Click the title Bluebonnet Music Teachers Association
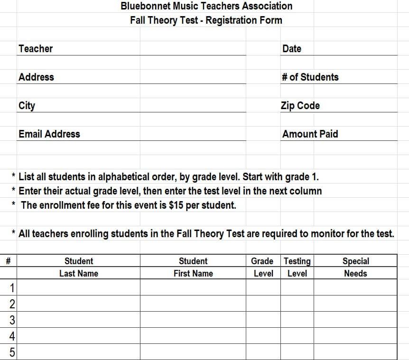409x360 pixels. coord(206,6)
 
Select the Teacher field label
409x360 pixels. coord(36,48)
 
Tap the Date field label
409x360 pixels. coord(291,48)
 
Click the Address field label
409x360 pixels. coord(36,77)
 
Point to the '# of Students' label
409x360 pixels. coord(310,77)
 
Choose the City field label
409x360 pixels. coord(27,105)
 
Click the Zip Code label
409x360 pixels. coord(300,105)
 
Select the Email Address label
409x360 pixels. coord(49,134)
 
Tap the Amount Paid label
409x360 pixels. coord(310,134)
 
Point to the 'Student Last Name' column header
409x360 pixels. coord(79,267)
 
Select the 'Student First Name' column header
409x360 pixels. coord(193,267)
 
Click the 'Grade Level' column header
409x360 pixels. coord(262,267)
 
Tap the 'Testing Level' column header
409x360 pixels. coord(297,267)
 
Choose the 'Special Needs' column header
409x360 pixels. coord(355,267)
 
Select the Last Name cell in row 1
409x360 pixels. coord(79,287)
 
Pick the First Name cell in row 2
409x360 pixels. coord(193,304)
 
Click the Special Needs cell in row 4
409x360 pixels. coord(355,336)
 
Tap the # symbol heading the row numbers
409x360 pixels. coord(9,261)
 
